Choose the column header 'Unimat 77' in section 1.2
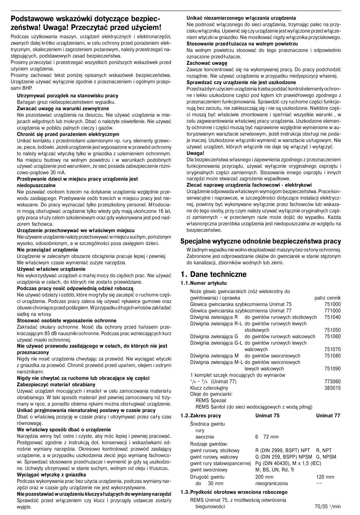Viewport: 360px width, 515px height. [328, 415]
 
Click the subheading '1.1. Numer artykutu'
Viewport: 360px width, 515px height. [203, 283]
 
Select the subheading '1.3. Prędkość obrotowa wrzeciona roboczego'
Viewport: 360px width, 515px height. [234, 492]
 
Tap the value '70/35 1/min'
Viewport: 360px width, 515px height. [327, 506]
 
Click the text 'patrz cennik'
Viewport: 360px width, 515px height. [327, 298]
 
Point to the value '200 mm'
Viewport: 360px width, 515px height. [264, 477]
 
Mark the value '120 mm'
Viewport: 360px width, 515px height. [325, 477]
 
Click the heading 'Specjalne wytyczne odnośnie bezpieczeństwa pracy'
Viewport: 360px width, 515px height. [260, 241]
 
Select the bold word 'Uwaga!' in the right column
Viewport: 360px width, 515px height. [195, 153]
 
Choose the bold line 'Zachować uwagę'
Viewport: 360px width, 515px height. [207, 63]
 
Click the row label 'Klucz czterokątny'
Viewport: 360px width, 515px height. [209, 388]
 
